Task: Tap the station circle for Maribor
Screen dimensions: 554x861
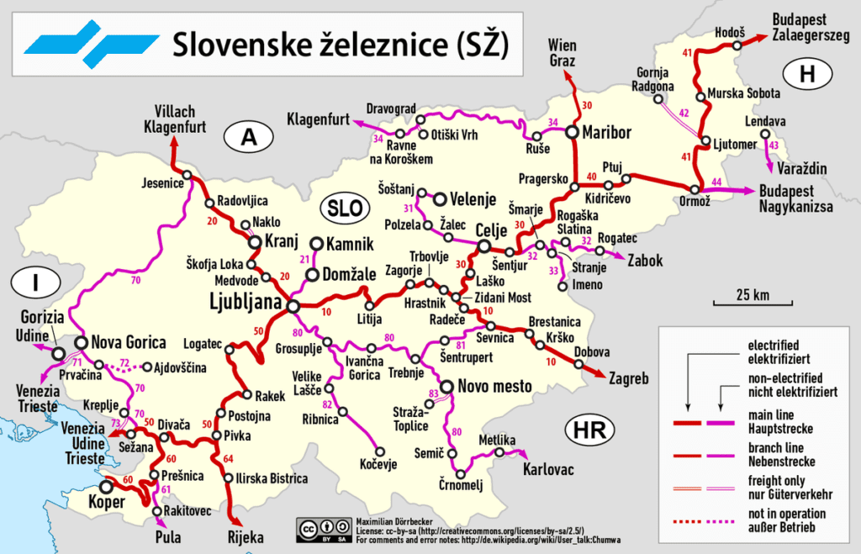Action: [573, 132]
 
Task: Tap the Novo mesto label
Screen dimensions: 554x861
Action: [495, 387]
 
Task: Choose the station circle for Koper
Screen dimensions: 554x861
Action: [107, 486]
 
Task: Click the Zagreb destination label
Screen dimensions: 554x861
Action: [626, 379]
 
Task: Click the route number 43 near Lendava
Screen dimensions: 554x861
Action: [774, 147]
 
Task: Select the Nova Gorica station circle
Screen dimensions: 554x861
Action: [82, 342]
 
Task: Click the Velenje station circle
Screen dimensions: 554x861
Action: [439, 198]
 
